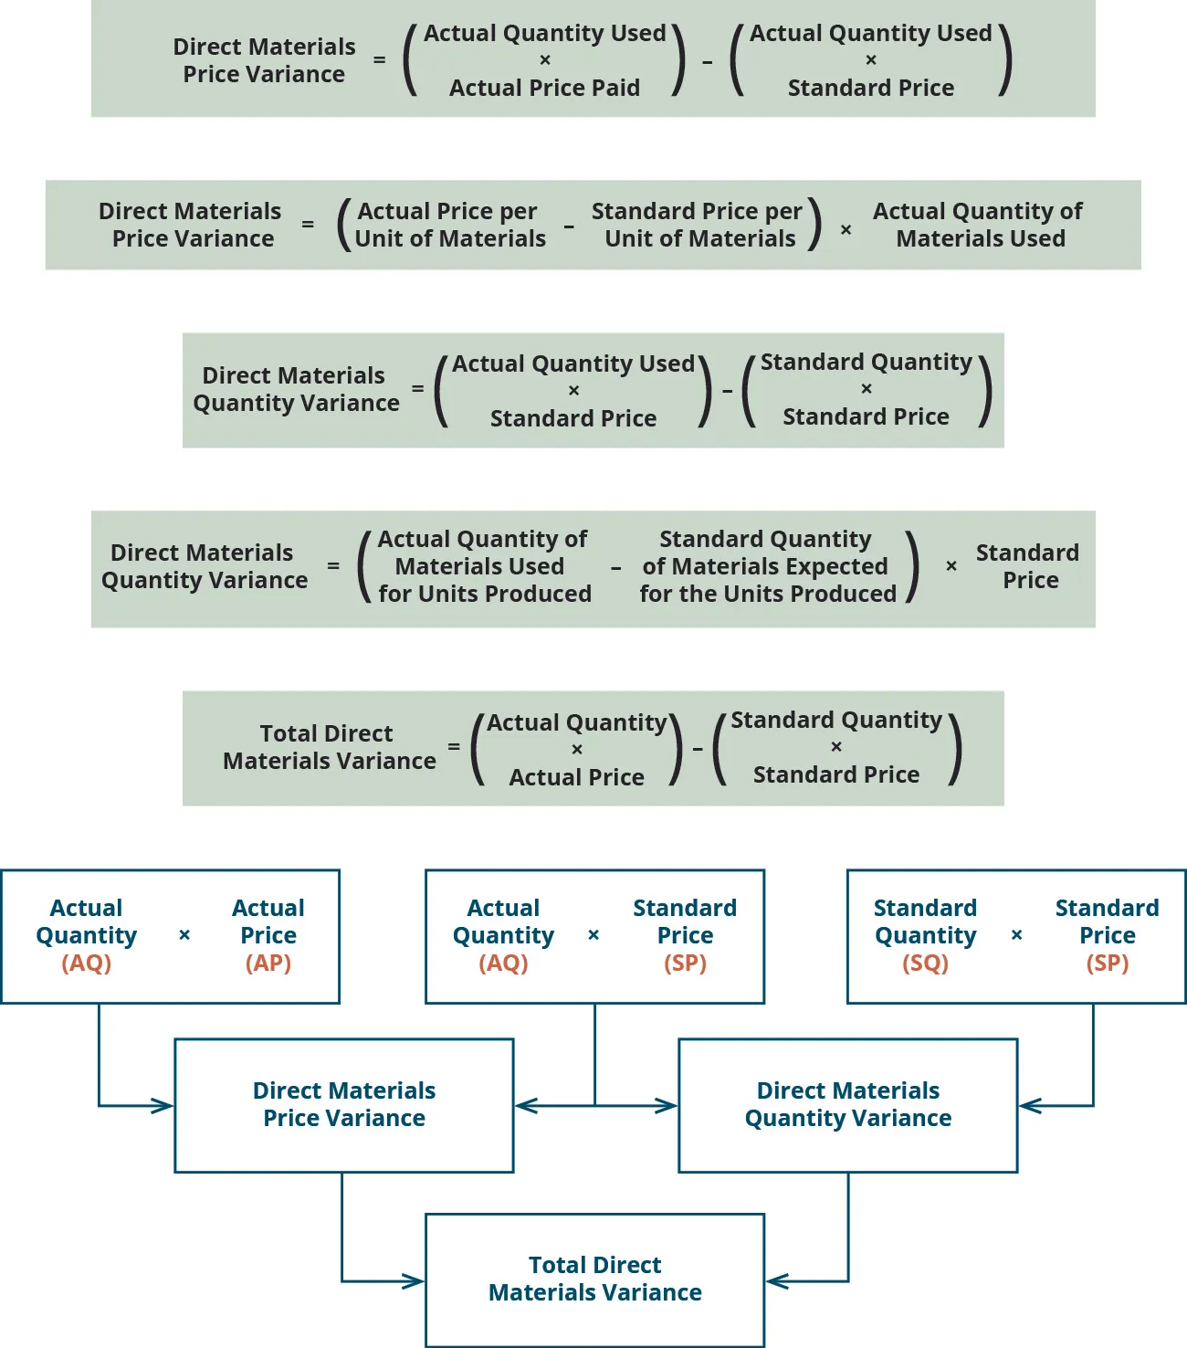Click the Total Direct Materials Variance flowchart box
594,1279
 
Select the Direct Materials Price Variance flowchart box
343,1104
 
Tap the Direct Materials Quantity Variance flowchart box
847,1104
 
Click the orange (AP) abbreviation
268,964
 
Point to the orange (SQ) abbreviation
925,964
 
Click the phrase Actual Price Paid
544,88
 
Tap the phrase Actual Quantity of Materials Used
978,225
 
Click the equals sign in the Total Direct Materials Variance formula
454,747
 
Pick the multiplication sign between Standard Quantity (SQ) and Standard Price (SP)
1016,935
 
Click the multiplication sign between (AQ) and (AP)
184,935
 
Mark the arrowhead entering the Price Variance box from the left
164,1106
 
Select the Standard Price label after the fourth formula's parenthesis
1027,566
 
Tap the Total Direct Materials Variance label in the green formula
329,747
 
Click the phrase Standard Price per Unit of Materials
699,225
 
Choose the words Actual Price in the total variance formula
576,777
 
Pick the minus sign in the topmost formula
708,62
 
